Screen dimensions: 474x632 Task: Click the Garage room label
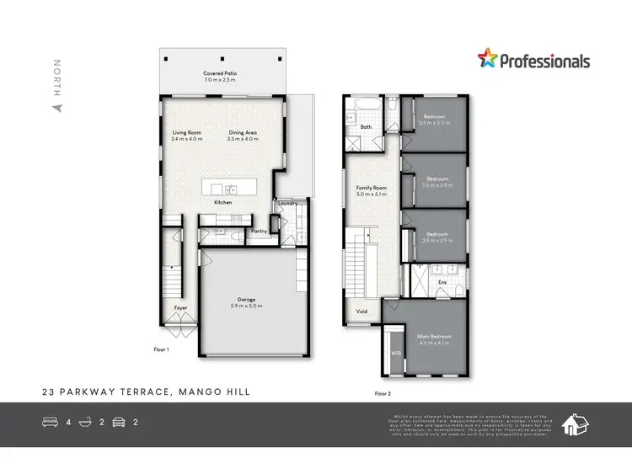click(246, 300)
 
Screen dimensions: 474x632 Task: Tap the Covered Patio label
click(220, 74)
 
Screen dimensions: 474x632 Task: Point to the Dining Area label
click(243, 132)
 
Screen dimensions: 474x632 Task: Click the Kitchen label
click(223, 202)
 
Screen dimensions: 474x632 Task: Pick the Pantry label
click(259, 230)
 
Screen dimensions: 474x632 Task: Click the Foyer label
click(180, 308)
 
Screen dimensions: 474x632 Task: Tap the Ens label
click(442, 281)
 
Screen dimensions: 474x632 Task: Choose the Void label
click(362, 312)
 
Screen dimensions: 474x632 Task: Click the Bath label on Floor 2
click(366, 127)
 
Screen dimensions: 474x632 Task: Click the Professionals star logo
click(488, 59)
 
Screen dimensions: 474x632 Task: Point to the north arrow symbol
click(57, 108)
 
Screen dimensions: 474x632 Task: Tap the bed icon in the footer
click(51, 422)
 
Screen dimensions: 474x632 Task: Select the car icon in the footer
click(119, 422)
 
